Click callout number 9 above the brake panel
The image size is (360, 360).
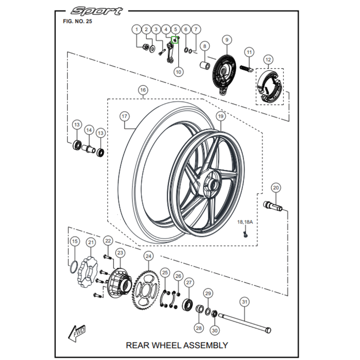(226, 40)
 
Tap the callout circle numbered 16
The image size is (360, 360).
(142, 90)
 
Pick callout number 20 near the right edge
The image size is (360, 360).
(276, 188)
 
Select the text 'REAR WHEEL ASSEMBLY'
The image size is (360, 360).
(177, 345)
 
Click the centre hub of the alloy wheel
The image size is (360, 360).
(211, 184)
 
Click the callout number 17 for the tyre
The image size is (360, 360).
(125, 116)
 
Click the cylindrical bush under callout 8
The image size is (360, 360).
(205, 66)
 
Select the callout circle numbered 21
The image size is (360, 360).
(91, 243)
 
